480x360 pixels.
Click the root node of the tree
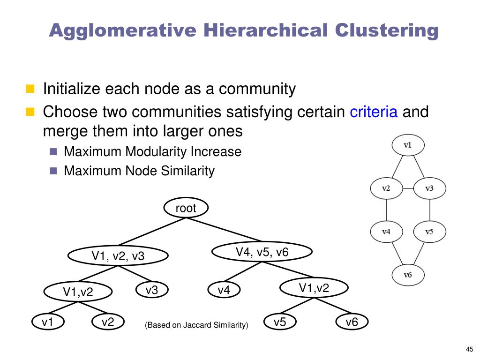[x=186, y=208]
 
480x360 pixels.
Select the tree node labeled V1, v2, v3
[x=118, y=256]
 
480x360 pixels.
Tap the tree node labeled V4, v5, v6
[x=262, y=252]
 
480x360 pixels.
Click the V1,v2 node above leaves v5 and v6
[x=314, y=288]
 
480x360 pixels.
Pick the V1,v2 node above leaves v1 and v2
[x=78, y=292]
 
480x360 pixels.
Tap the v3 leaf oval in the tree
[x=151, y=291]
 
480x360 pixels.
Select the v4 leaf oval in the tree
[x=224, y=291]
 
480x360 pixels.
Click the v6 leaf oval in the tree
[x=352, y=322]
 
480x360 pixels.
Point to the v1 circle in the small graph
[x=407, y=145]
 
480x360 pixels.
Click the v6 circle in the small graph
[x=407, y=275]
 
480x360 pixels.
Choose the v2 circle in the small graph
[x=386, y=188]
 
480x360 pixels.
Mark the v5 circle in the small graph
[x=429, y=232]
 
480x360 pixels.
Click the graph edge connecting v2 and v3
[x=408, y=188]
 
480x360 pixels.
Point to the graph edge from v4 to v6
[x=396, y=254]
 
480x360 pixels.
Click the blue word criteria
[x=374, y=112]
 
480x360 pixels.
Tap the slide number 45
[x=469, y=348]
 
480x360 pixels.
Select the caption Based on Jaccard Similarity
[x=196, y=325]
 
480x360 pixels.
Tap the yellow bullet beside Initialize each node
[x=30, y=88]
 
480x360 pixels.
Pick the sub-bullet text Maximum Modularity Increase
[x=152, y=152]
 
